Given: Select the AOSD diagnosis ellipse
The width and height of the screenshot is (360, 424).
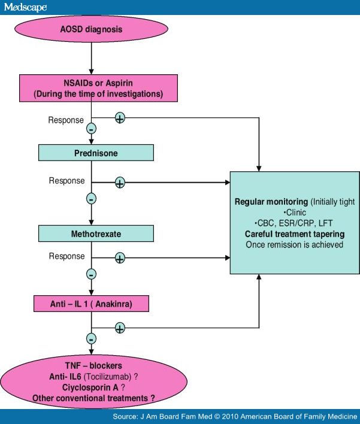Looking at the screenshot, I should [91, 29].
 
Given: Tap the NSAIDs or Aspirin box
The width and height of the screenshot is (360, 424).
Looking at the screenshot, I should [91, 87].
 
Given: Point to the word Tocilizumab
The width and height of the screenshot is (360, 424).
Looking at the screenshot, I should [123, 375].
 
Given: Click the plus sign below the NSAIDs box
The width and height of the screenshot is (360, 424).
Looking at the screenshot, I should [120, 118].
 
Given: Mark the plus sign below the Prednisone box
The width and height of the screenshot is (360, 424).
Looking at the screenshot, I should [120, 182].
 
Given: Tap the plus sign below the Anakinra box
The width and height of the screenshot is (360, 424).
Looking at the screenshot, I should [120, 328].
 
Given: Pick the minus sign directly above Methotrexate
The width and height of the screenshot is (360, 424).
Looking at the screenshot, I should [91, 198].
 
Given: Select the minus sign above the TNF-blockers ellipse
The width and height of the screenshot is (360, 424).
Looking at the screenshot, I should [91, 339].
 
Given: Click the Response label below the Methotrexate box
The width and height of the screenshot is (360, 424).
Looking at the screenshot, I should [66, 256].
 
